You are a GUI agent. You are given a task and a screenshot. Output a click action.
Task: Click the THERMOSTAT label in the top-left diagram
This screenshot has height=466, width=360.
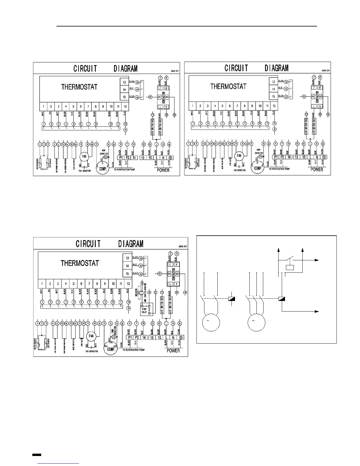pos(79,87)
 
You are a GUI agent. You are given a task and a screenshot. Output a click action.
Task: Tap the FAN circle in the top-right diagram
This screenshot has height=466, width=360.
pos(239,156)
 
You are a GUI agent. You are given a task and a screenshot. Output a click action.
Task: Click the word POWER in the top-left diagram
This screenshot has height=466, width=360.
pos(163,170)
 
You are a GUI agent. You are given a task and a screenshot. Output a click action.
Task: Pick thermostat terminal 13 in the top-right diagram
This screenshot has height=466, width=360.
pos(274,82)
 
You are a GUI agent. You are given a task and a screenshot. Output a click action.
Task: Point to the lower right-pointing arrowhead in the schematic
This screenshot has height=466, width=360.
pos(317,311)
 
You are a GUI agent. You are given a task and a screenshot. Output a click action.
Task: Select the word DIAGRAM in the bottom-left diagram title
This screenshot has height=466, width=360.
pos(131,244)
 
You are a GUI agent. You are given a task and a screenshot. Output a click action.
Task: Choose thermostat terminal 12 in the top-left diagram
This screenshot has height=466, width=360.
pos(125,106)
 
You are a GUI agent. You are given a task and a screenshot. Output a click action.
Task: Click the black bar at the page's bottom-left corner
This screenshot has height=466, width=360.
pos(36,455)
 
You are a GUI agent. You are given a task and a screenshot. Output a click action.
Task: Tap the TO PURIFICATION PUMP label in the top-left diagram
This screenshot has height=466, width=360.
pos(124,170)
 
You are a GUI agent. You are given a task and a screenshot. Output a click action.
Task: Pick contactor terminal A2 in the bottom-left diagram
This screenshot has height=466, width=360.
pos(177,273)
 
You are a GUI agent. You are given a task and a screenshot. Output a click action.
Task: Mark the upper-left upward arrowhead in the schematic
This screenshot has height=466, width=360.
pos(278,250)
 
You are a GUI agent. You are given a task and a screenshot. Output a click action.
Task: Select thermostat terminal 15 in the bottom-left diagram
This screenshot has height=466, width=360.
pos(127,274)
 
